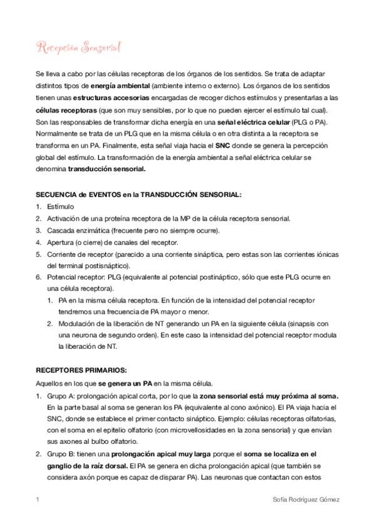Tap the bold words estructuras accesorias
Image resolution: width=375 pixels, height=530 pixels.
pos(111,97)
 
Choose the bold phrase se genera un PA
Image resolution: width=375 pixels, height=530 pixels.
pos(125,382)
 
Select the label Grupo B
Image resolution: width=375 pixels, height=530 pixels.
pos(59,454)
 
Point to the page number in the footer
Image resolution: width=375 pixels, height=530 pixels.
pos(38,500)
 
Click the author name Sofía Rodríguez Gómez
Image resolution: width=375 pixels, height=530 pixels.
pos(304,500)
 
